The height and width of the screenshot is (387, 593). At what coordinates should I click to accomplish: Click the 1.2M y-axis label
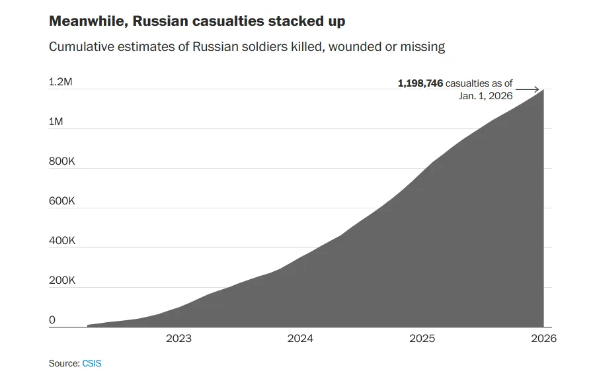(61, 83)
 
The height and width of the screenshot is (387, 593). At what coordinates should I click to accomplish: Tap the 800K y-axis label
(61, 162)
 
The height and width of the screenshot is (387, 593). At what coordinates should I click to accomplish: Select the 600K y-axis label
(61, 201)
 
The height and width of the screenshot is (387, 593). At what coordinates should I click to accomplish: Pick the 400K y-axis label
(61, 241)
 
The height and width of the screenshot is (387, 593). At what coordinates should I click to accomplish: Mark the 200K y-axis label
(61, 280)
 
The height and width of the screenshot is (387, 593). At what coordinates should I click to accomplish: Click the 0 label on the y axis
(52, 321)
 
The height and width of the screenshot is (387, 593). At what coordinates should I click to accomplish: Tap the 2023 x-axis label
(178, 339)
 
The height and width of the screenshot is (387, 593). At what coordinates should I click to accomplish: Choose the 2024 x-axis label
(300, 339)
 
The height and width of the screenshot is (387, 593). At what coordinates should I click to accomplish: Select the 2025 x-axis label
(422, 339)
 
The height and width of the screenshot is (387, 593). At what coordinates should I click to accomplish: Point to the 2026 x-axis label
(543, 339)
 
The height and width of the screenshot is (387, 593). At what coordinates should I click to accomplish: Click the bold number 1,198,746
(420, 83)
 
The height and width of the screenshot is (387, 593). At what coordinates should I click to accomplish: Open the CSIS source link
(92, 364)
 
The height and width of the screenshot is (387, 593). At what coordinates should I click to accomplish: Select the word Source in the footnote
(64, 364)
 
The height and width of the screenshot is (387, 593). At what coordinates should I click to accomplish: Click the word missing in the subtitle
(423, 47)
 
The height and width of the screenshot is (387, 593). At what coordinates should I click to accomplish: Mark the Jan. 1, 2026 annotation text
(485, 96)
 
